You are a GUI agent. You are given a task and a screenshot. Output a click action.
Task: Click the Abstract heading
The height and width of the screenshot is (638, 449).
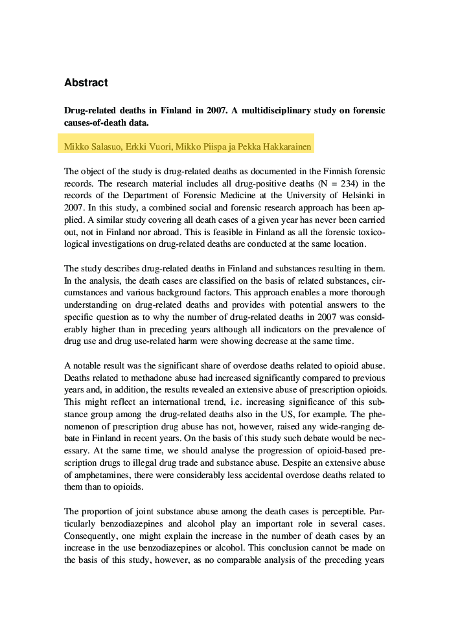pos(86,83)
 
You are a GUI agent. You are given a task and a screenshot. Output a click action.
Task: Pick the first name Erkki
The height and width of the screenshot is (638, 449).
pos(137,147)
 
